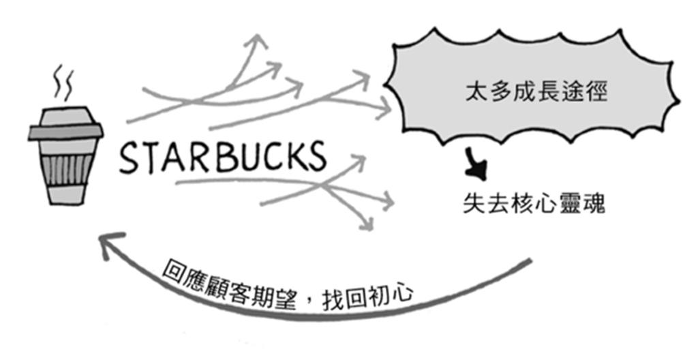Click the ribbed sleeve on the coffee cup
(x=66, y=174)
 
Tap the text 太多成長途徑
(x=534, y=92)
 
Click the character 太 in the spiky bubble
(x=474, y=92)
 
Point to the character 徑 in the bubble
(x=594, y=92)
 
